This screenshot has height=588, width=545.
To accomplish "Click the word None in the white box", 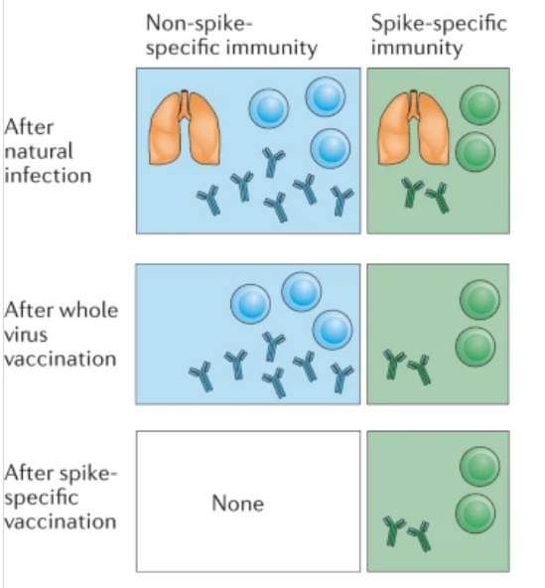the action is pyautogui.click(x=237, y=503).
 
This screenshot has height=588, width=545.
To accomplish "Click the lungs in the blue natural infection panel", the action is pyautogui.click(x=184, y=127).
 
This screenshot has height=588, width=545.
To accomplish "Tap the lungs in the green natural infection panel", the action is pyautogui.click(x=413, y=127).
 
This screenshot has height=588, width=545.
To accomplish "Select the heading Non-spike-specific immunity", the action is pyautogui.click(x=231, y=36).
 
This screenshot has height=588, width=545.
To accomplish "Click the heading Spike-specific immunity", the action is pyautogui.click(x=439, y=35).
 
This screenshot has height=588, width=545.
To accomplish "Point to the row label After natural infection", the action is pyautogui.click(x=48, y=151).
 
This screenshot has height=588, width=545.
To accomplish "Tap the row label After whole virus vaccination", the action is pyautogui.click(x=61, y=334).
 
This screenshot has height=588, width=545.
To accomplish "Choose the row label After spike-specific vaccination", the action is pyautogui.click(x=61, y=497).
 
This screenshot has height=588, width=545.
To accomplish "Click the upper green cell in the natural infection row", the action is pyautogui.click(x=479, y=105).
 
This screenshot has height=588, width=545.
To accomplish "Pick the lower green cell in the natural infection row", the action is pyautogui.click(x=476, y=152).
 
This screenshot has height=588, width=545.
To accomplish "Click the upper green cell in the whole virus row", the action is pyautogui.click(x=479, y=300).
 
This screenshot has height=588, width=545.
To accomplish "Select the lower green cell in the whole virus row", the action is pyautogui.click(x=476, y=346).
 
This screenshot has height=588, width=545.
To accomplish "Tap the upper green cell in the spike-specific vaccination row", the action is pyautogui.click(x=479, y=466).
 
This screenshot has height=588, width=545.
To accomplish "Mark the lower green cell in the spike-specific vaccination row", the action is pyautogui.click(x=476, y=513).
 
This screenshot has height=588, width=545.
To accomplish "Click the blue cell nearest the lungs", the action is pyautogui.click(x=268, y=108).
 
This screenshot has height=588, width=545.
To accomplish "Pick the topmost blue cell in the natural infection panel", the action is pyautogui.click(x=326, y=96).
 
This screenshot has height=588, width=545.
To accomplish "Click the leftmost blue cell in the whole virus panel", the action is pyautogui.click(x=250, y=304).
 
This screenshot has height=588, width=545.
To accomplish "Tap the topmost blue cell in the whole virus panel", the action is pyautogui.click(x=302, y=291).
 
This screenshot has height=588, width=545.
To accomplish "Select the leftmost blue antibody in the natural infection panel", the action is pyautogui.click(x=208, y=201).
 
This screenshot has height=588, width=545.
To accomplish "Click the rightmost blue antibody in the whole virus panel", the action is pyautogui.click(x=341, y=378).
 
